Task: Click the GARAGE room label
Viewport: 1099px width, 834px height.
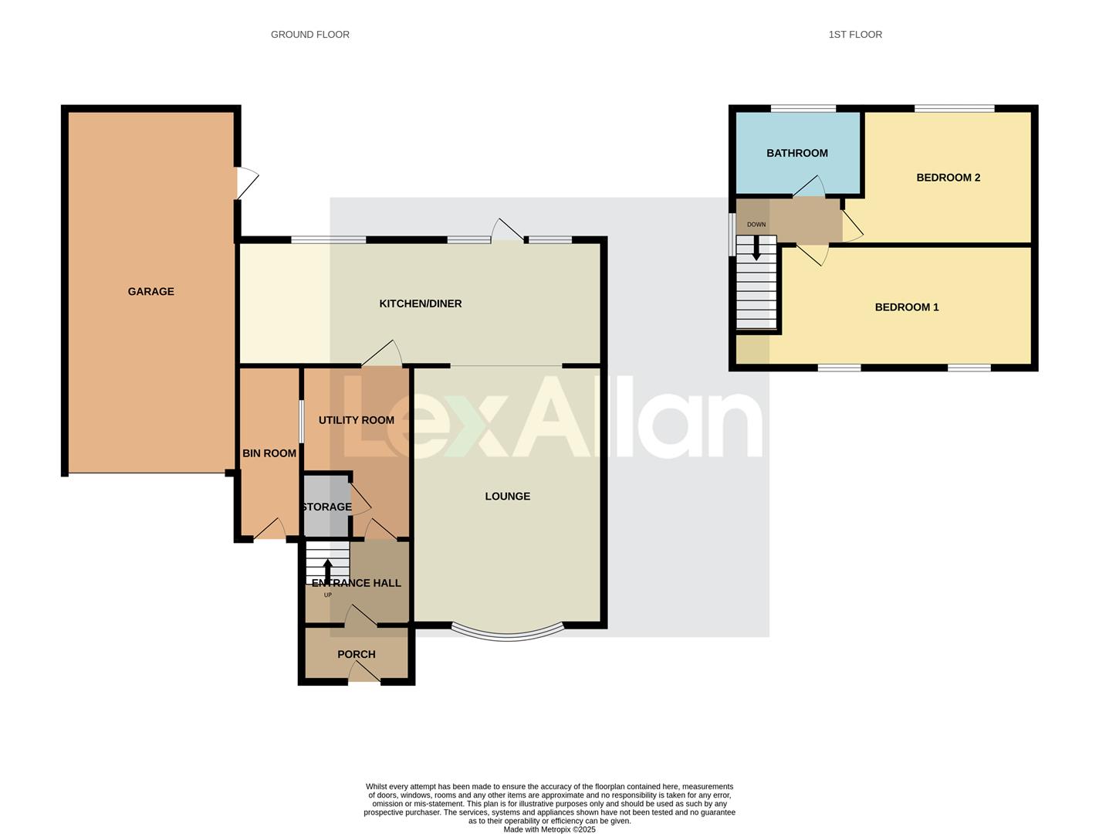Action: point(150,291)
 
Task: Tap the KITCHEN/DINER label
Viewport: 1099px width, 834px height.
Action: point(420,303)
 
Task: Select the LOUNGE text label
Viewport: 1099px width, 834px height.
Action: point(507,497)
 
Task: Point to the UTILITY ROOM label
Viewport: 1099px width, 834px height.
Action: point(356,420)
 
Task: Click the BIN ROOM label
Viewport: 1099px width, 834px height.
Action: point(269,453)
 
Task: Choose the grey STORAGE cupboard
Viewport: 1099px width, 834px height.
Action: point(326,507)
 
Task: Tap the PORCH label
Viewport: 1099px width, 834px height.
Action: point(356,654)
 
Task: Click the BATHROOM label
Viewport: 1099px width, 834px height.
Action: point(796,153)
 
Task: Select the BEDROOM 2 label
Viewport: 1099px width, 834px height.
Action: point(948,178)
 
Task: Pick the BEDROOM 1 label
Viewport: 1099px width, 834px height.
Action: point(906,307)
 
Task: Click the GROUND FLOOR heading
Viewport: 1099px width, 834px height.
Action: point(309,35)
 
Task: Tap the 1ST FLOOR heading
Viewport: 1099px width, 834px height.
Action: point(854,35)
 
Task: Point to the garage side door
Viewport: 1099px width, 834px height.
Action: point(245,184)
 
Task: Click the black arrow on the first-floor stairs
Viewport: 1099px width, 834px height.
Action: point(756,248)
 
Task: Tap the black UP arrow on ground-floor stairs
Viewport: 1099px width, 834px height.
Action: point(327,571)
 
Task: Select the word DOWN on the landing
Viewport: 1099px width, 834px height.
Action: point(756,225)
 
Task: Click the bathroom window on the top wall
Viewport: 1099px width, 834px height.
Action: point(803,109)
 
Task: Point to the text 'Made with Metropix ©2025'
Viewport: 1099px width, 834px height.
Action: point(549,829)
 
